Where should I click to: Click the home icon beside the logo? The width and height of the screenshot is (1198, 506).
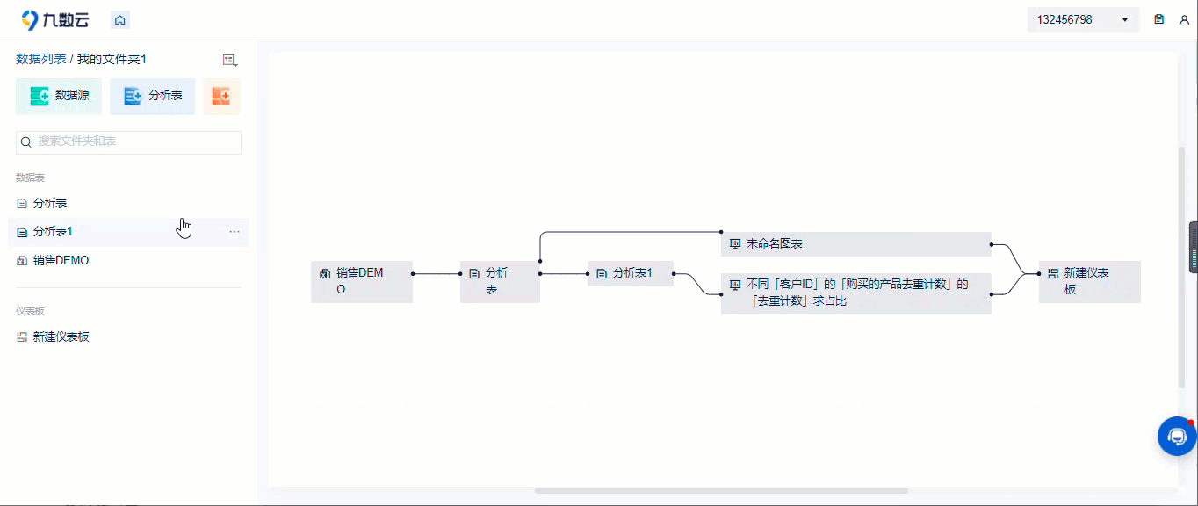coord(119,20)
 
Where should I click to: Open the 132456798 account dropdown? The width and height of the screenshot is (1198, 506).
coord(1083,20)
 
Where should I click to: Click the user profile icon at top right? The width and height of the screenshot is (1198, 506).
coord(1184,20)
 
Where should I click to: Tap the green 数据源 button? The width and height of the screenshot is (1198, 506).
coord(59,97)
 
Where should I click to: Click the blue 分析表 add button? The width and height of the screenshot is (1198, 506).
coord(153,97)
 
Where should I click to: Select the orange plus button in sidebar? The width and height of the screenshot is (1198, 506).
coord(221,97)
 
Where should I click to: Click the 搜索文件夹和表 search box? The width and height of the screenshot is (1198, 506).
coord(128,142)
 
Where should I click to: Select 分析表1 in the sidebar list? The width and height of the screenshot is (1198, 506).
coord(53,232)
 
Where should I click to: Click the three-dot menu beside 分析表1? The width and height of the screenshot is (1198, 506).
coord(235,232)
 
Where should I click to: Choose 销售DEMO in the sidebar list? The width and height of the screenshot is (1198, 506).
coord(61,261)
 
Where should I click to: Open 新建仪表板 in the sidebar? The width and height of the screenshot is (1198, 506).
coord(61,337)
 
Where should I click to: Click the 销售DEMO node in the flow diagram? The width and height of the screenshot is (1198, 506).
coord(362,281)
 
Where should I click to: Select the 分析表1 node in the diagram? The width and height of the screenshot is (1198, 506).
coord(630,273)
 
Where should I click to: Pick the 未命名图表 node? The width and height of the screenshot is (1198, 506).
coord(855,244)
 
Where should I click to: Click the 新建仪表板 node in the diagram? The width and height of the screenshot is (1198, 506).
coord(1089,281)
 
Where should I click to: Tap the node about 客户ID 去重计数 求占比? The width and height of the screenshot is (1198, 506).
coord(855,293)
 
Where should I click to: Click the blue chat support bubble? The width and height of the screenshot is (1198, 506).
coord(1177,437)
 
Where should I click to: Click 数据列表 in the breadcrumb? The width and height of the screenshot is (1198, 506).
coord(40,59)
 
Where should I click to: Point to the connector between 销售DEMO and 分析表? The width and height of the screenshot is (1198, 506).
coord(437,274)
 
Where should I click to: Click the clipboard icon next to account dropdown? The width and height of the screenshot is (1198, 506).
coord(1159,20)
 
